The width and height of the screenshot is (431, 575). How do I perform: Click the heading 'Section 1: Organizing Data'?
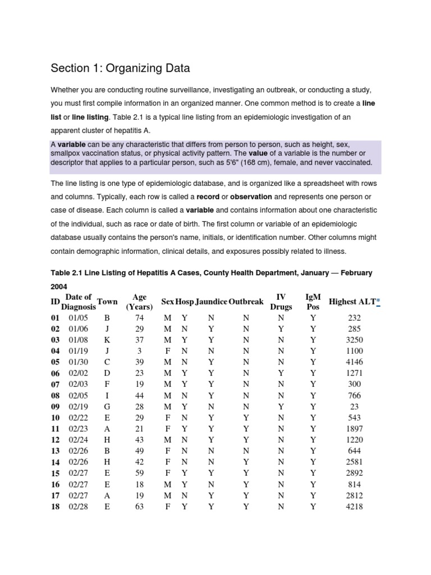[120, 69]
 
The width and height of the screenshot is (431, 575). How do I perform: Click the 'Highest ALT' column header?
[352, 302]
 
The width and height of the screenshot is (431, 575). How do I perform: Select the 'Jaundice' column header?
[211, 302]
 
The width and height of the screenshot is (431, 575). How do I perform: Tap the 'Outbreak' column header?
[246, 302]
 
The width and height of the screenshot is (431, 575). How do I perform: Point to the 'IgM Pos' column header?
[313, 302]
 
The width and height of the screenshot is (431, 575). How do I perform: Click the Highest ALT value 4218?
[355, 506]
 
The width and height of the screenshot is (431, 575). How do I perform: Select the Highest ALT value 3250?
[355, 340]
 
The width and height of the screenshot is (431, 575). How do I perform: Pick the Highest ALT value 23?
[355, 407]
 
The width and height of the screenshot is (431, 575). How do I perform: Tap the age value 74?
[139, 317]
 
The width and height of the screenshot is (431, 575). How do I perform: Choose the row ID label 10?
[56, 418]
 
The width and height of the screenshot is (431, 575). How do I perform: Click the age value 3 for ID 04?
[139, 351]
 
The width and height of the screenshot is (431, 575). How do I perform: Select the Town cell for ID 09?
[107, 407]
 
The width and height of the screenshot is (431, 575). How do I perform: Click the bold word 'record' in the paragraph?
[207, 197]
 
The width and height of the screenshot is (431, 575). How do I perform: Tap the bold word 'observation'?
[251, 197]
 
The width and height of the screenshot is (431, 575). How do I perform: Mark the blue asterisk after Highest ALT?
[378, 302]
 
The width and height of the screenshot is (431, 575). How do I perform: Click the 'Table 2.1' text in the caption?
[66, 273]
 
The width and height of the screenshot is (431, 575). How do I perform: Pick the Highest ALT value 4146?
[355, 362]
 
